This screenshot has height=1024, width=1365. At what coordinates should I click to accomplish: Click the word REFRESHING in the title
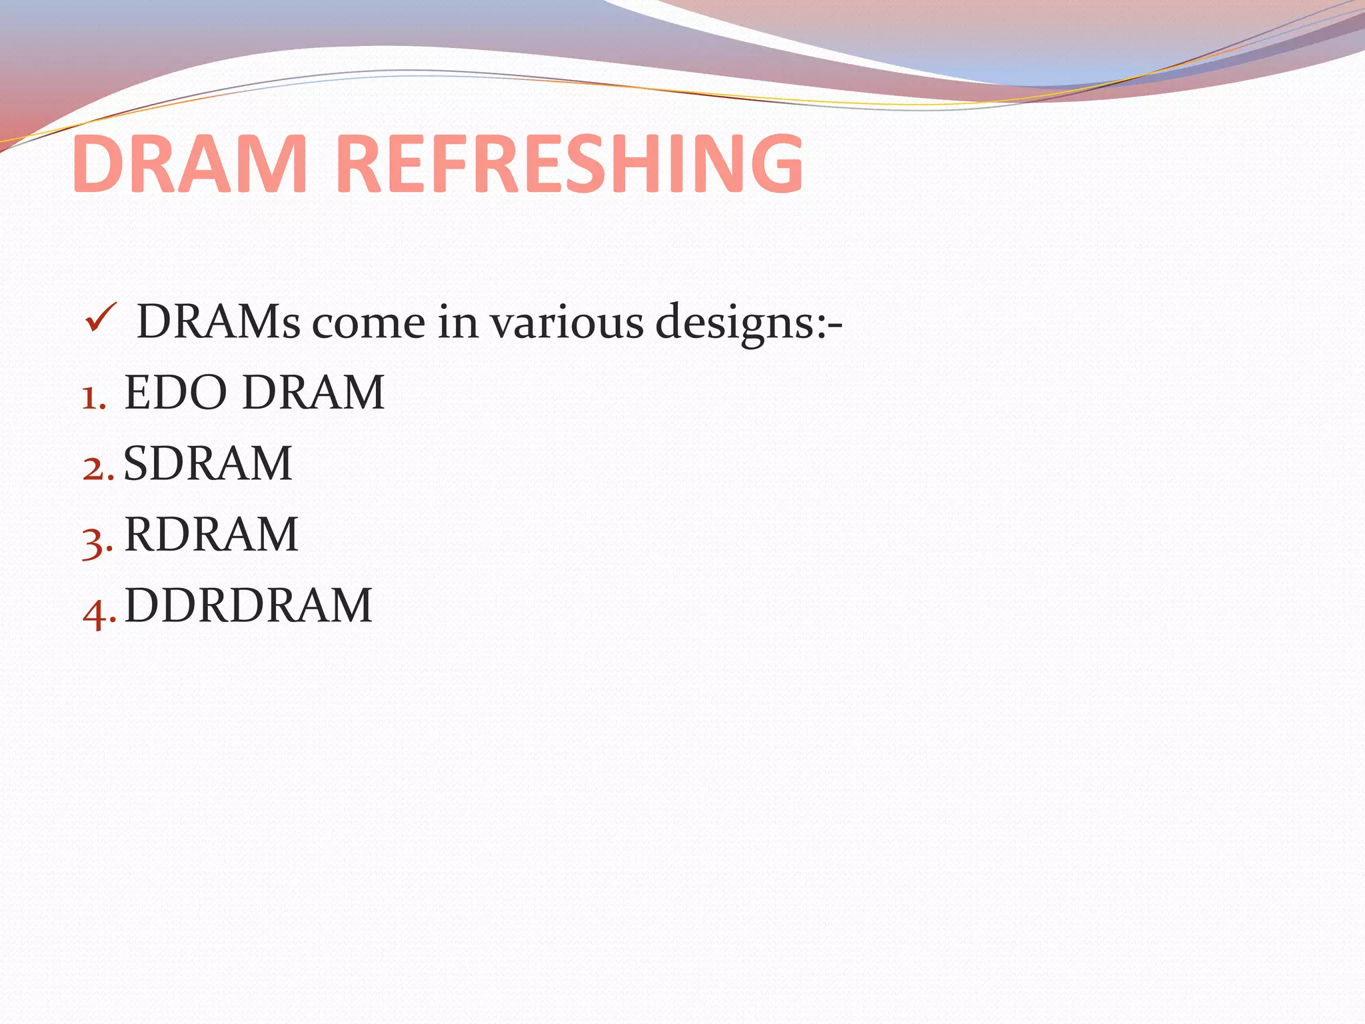[570, 164]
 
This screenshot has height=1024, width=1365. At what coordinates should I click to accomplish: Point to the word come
[369, 323]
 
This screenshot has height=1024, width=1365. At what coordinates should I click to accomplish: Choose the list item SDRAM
[208, 463]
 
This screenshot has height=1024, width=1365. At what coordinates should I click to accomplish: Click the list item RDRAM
[211, 535]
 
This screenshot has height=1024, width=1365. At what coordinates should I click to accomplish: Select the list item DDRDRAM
[248, 605]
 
